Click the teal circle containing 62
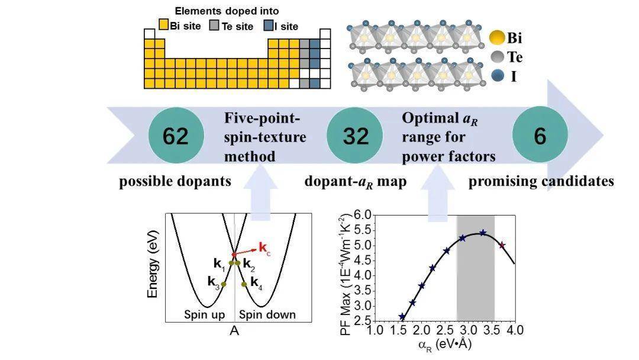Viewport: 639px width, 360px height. [x=176, y=136]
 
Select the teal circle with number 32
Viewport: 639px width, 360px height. [x=355, y=136]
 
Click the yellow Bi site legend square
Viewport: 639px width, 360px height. [x=163, y=25]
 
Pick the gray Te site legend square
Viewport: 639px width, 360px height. [x=214, y=25]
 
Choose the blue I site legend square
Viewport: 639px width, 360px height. [x=269, y=25]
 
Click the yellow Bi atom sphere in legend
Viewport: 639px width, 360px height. [x=497, y=38]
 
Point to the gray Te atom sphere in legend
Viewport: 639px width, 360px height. [x=497, y=57]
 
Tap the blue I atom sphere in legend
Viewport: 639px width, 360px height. [x=497, y=76]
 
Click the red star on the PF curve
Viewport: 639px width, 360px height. [x=502, y=245]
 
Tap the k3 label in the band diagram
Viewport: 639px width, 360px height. [x=214, y=282]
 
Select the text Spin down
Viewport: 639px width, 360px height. [x=267, y=314]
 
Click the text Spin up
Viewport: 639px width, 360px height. [x=204, y=315]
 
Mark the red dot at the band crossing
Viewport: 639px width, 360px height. [x=234, y=255]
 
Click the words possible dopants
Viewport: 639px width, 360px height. [x=175, y=181]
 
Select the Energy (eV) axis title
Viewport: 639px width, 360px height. [x=153, y=263]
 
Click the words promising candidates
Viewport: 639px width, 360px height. [x=541, y=181]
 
